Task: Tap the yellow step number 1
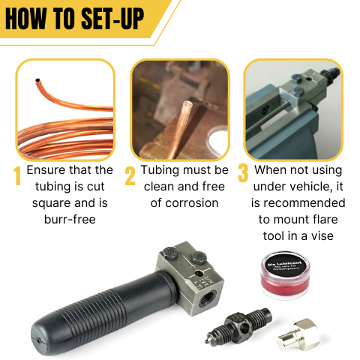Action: (16, 176)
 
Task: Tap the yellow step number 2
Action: (130, 176)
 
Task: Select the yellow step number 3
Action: (242, 173)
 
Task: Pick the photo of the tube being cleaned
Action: (179, 109)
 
